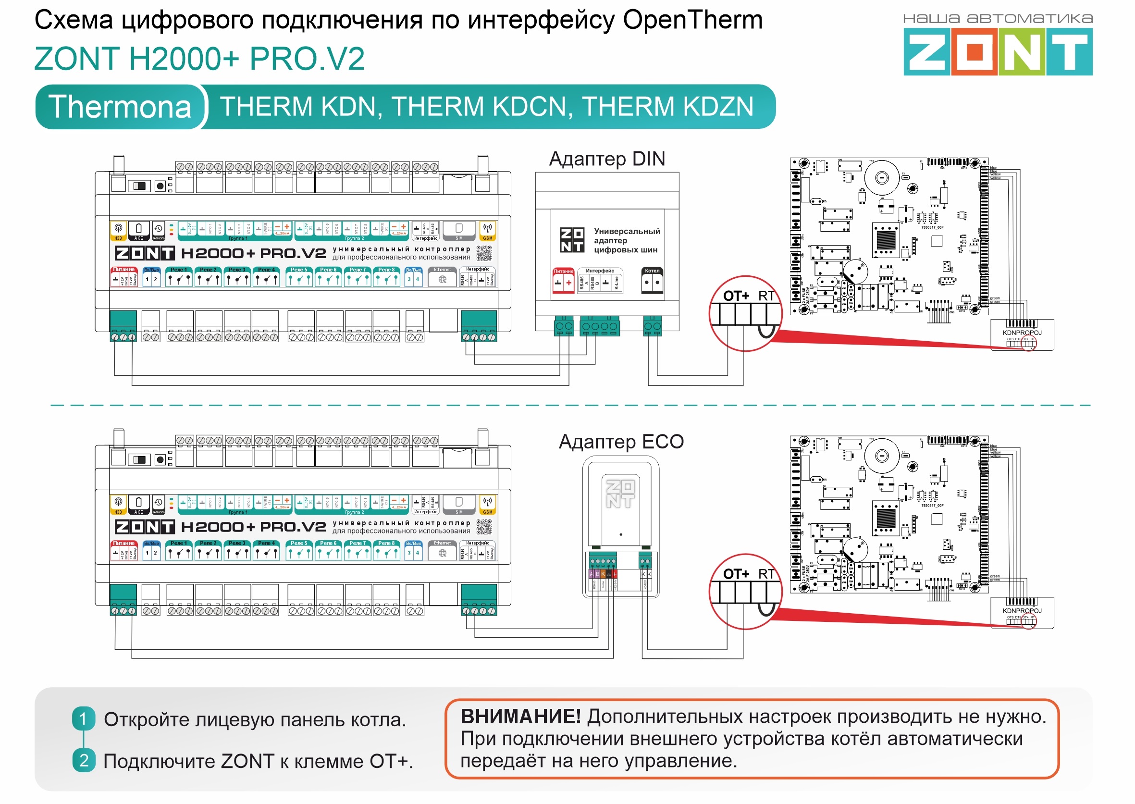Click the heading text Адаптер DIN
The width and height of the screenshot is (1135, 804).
click(607, 159)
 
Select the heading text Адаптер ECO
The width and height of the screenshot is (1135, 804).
click(621, 442)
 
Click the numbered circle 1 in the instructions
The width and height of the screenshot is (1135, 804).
click(83, 719)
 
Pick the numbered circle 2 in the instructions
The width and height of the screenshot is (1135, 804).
click(83, 760)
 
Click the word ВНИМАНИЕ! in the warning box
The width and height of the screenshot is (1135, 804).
click(520, 717)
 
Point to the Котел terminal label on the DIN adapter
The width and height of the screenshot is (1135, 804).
click(652, 271)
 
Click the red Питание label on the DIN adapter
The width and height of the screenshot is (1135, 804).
click(563, 272)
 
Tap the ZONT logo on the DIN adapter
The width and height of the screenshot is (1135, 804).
click(572, 240)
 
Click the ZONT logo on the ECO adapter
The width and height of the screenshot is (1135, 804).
click(620, 494)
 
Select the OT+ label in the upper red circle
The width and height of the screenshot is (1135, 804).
click(736, 296)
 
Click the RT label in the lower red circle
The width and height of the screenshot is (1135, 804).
click(766, 574)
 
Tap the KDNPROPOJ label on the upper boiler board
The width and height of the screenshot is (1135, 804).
click(1022, 333)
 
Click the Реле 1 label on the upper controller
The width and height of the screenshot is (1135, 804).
click(179, 270)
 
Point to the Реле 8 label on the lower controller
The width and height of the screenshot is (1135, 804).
click(387, 543)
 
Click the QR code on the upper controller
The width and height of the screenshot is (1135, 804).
click(484, 253)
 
